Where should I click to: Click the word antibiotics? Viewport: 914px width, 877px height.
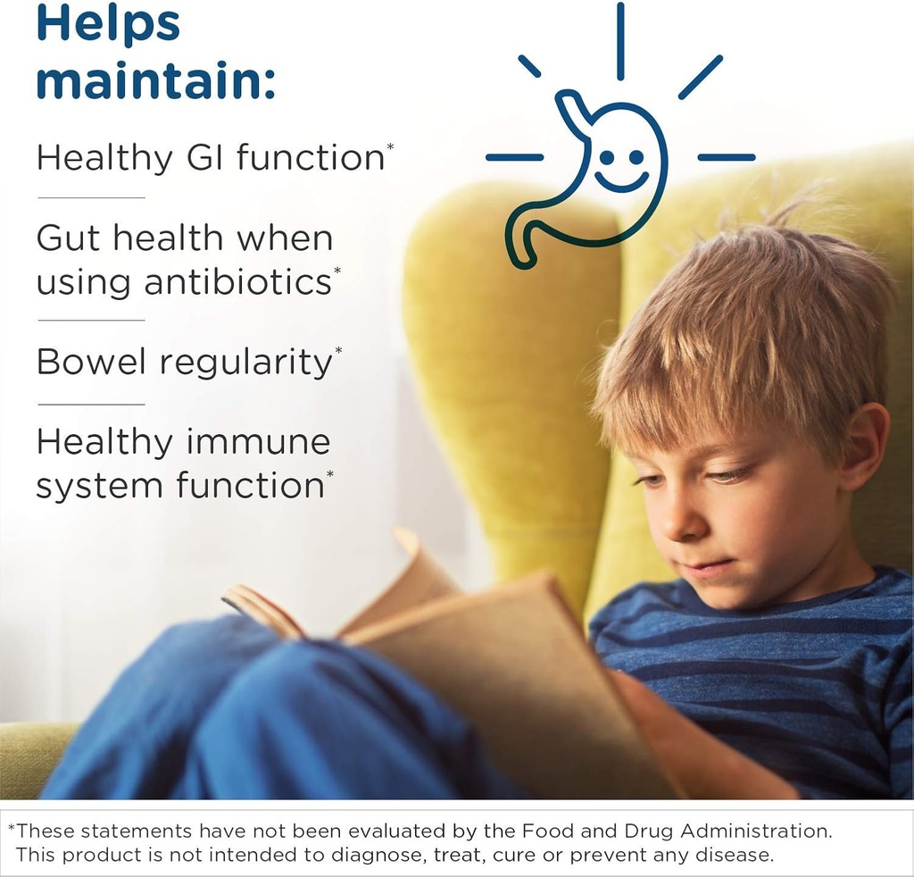(x=237, y=282)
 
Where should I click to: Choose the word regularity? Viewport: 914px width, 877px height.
(x=245, y=363)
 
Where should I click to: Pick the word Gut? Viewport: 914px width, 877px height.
(x=71, y=238)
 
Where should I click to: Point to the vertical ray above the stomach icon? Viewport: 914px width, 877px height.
(x=619, y=40)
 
